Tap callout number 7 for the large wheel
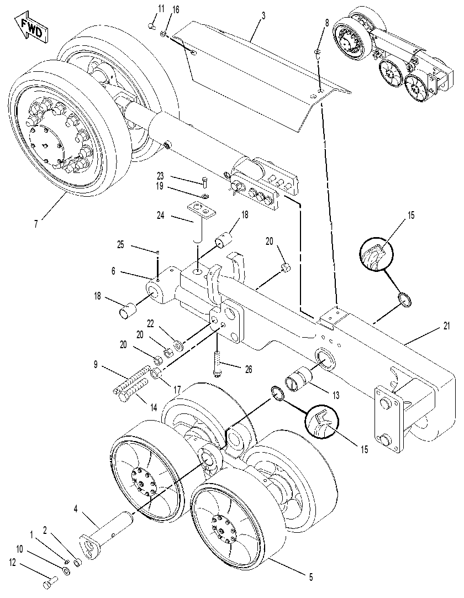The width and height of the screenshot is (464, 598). click(36, 224)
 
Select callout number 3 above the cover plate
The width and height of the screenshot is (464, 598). click(263, 15)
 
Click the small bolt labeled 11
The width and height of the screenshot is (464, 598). click(151, 26)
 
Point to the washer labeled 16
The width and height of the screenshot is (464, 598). click(163, 34)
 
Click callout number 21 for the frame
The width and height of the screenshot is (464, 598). click(446, 326)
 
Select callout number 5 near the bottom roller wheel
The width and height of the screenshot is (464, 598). click(311, 578)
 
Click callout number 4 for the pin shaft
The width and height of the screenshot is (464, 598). click(76, 509)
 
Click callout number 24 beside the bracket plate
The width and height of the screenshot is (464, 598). click(161, 216)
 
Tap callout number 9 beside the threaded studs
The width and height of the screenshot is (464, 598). click(95, 365)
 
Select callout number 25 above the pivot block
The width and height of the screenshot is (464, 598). click(120, 244)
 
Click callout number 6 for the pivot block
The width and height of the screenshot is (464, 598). click(113, 271)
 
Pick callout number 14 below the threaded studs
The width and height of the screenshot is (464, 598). click(153, 408)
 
